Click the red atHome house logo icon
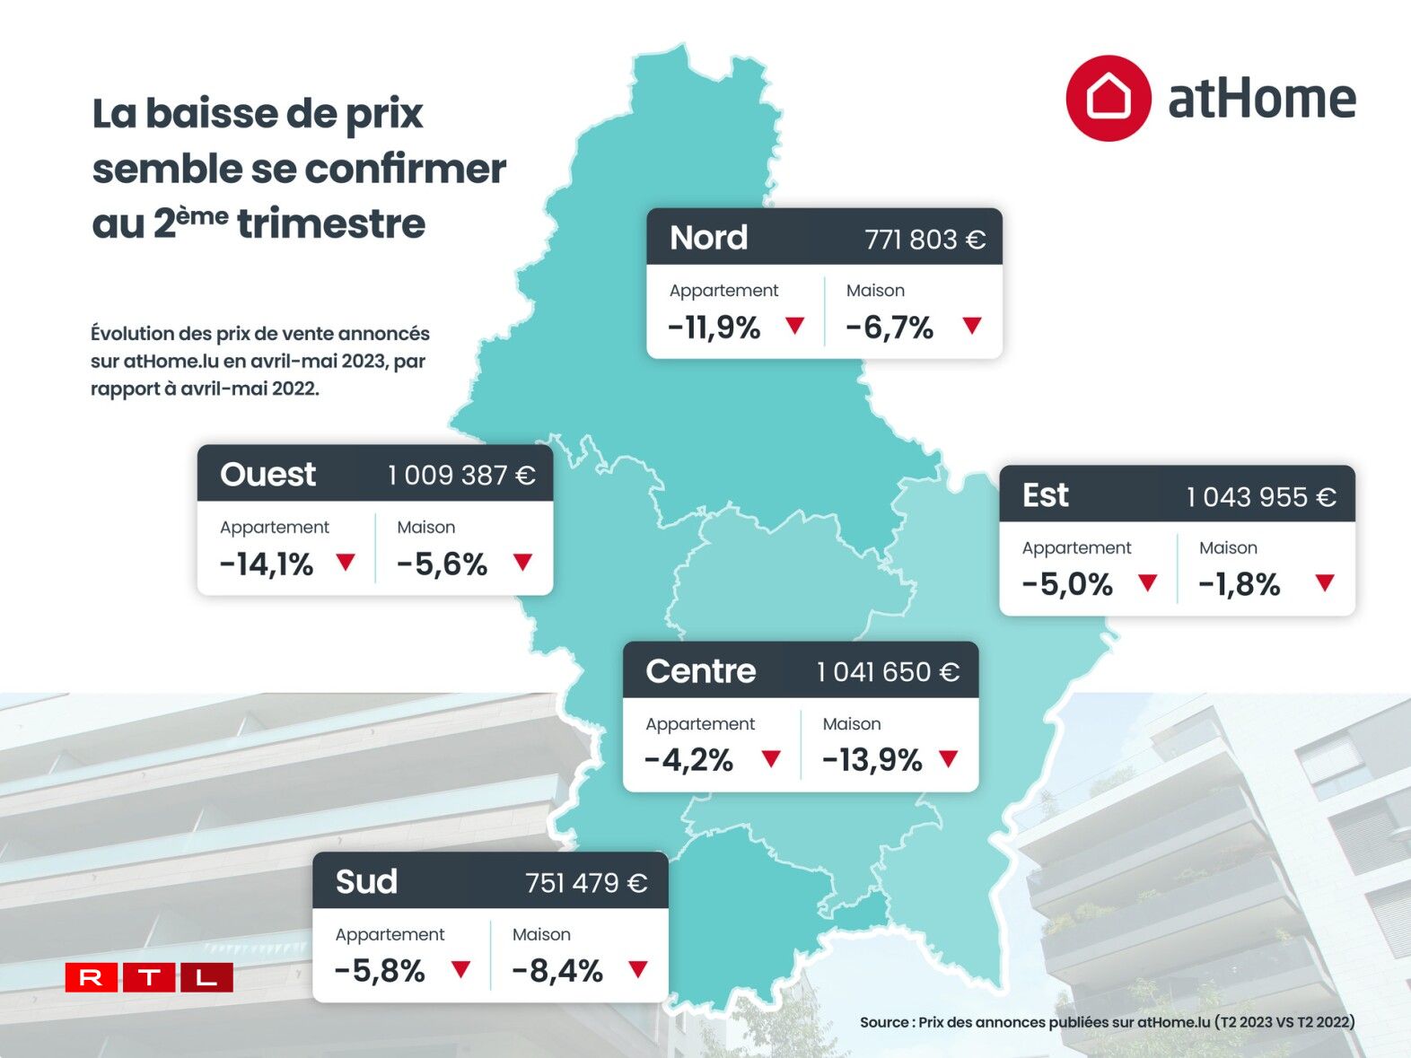pyautogui.click(x=1108, y=98)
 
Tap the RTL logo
pyautogui.click(x=149, y=976)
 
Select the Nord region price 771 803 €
pyautogui.click(x=925, y=240)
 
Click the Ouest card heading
pyautogui.click(x=267, y=474)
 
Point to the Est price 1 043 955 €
pyautogui.click(x=1261, y=496)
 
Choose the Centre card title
pyautogui.click(x=700, y=671)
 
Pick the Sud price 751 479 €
pyautogui.click(x=586, y=883)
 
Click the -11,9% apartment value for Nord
pyautogui.click(x=714, y=328)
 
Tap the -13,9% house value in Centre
pyautogui.click(x=872, y=760)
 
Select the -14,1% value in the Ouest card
pyautogui.click(x=267, y=564)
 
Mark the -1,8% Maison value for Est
pyautogui.click(x=1239, y=585)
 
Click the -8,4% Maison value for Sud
pyautogui.click(x=557, y=971)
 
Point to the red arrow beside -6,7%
pyautogui.click(x=972, y=325)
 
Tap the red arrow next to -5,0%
pyautogui.click(x=1147, y=582)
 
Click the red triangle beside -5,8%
pyautogui.click(x=460, y=969)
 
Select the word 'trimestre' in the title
pyautogui.click(x=331, y=223)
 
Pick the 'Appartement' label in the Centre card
pyautogui.click(x=700, y=723)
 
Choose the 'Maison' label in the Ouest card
pyautogui.click(x=425, y=527)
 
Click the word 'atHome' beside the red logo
pyautogui.click(x=1261, y=99)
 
